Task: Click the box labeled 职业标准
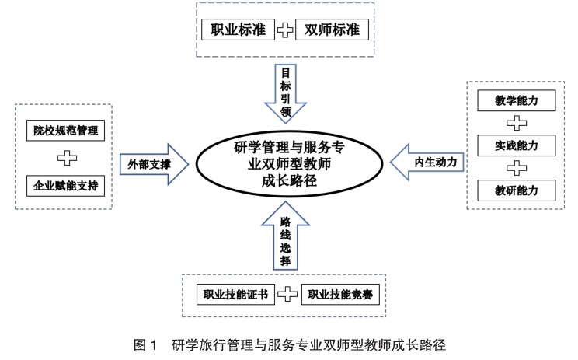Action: click(239, 30)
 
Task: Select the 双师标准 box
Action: click(333, 30)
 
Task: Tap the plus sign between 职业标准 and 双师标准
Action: click(285, 30)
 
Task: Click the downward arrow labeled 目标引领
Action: click(285, 93)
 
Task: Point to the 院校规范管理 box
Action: click(65, 131)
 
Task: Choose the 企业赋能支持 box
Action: click(65, 186)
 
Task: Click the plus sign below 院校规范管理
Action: click(67, 158)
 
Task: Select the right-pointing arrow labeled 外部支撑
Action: click(154, 164)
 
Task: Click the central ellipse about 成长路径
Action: click(289, 163)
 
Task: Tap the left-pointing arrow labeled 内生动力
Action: click(427, 163)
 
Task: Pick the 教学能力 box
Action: click(517, 100)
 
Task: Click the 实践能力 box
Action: click(517, 145)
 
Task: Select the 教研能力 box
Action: click(517, 190)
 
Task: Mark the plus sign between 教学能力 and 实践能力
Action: click(517, 123)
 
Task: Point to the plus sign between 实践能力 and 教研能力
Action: click(517, 168)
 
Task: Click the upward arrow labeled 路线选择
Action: click(285, 236)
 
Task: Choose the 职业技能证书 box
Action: click(235, 295)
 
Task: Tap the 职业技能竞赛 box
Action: click(340, 295)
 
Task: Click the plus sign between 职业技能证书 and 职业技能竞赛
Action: click(287, 295)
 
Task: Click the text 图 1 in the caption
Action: click(145, 345)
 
